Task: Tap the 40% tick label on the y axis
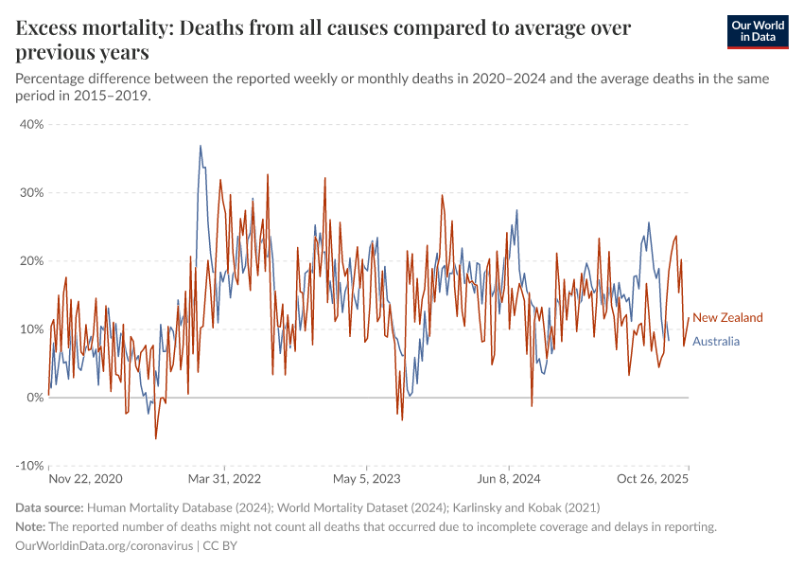[31, 124]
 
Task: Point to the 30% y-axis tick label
[31, 192]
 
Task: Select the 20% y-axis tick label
[31, 260]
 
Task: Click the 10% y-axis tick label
[31, 329]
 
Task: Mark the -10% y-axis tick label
[29, 466]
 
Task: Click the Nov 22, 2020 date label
[86, 480]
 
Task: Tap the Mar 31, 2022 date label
[223, 480]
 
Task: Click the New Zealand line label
[727, 318]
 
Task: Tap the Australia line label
[716, 342]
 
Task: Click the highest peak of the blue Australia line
[201, 146]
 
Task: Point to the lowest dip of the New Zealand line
[156, 438]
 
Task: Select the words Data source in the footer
[50, 508]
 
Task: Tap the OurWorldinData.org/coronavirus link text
[105, 546]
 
